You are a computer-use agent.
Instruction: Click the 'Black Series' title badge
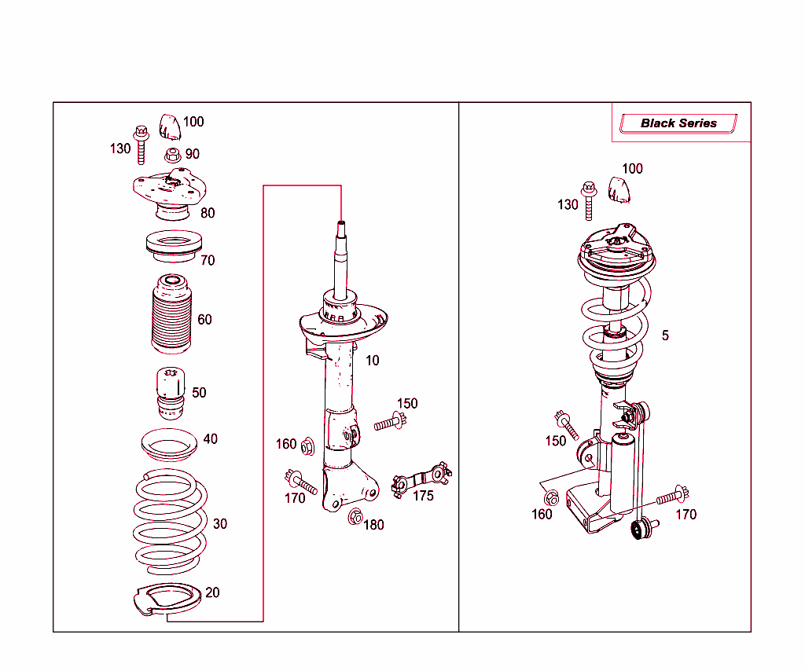(x=678, y=123)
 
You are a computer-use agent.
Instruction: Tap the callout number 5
(x=665, y=335)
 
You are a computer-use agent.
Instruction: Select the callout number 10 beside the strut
(x=372, y=361)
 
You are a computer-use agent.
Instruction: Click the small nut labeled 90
(x=173, y=155)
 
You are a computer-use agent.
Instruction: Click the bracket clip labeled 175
(x=421, y=478)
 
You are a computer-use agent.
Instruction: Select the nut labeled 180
(x=355, y=518)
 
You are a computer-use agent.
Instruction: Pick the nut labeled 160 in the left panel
(x=307, y=446)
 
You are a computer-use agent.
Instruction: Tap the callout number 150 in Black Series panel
(x=555, y=441)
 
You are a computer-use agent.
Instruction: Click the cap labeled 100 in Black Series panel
(x=620, y=189)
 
